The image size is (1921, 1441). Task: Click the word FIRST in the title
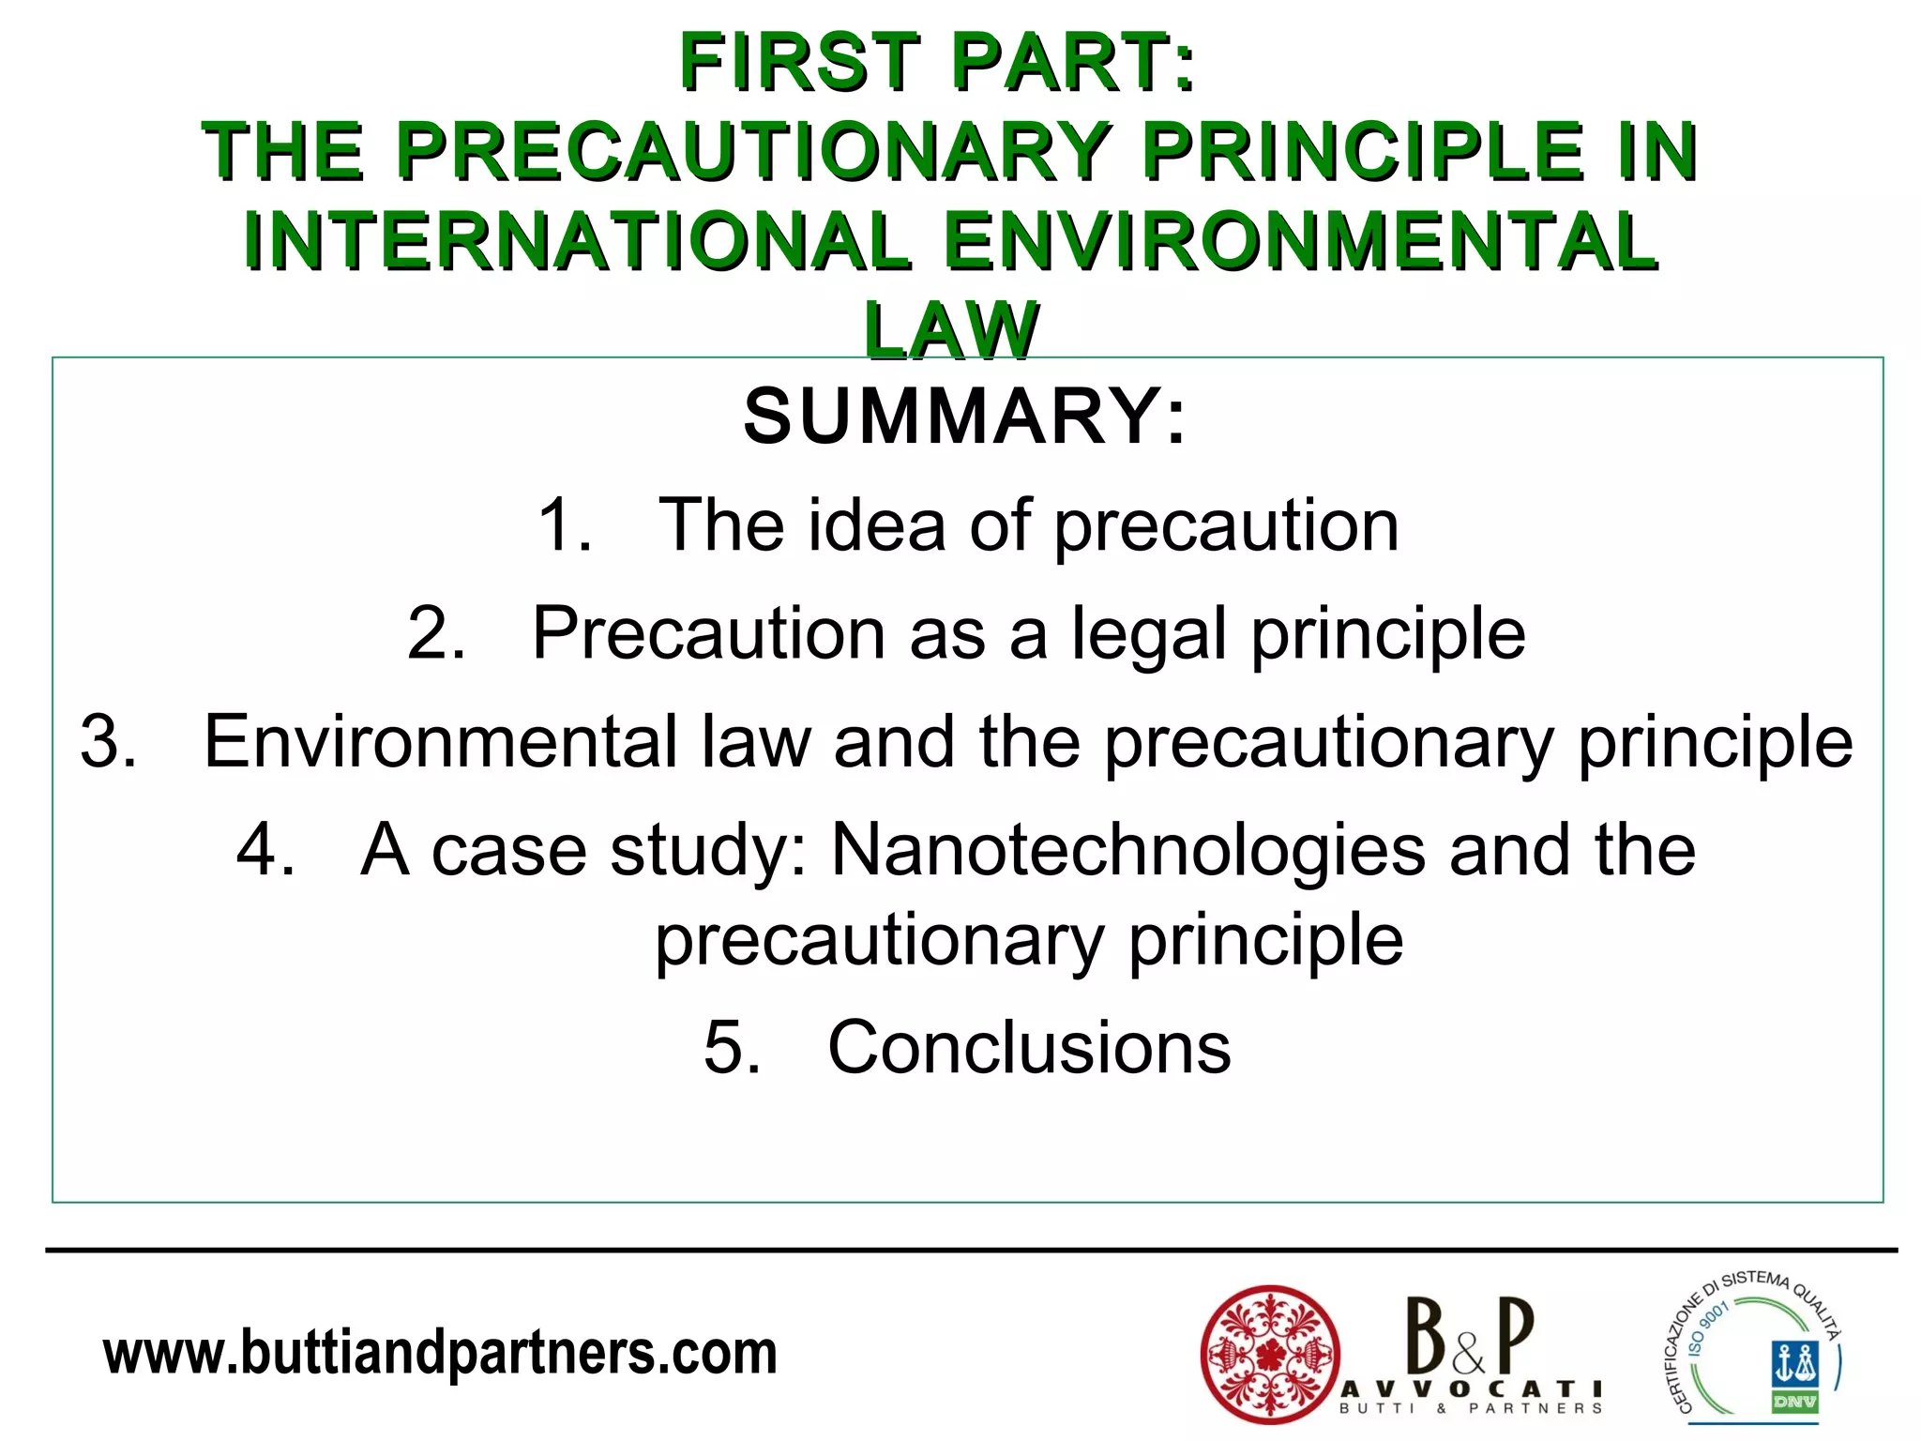tap(800, 63)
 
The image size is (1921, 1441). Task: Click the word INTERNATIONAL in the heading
tap(576, 241)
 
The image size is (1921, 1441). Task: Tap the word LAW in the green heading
tap(951, 330)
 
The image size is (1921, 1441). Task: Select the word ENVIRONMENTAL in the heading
tap(1301, 241)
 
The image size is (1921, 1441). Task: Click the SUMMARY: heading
tap(964, 417)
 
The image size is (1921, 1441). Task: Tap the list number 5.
tap(730, 1048)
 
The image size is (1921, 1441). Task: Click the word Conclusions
tap(1029, 1048)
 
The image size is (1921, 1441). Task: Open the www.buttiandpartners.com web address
tap(440, 1354)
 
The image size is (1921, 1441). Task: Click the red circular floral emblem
tap(1269, 1354)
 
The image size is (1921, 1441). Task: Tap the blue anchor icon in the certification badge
tap(1794, 1363)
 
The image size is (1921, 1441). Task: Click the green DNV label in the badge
tap(1794, 1403)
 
